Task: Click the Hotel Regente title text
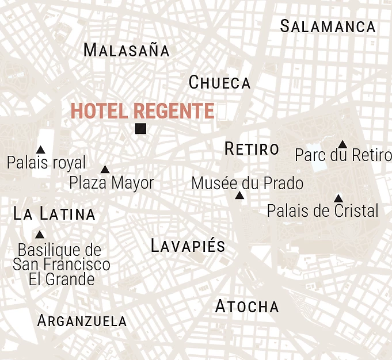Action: [x=142, y=111]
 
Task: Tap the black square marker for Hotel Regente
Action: [x=140, y=129]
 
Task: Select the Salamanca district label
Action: [x=328, y=26]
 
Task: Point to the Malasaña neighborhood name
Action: [x=127, y=50]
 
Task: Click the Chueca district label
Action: [x=220, y=83]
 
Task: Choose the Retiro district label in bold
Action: [x=252, y=149]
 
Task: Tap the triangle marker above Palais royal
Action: [x=40, y=150]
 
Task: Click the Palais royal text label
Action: [x=46, y=163]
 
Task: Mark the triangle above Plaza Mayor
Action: [x=105, y=170]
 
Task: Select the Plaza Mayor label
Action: [x=112, y=183]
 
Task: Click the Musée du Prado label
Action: [x=247, y=183]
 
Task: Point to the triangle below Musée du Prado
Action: [x=239, y=196]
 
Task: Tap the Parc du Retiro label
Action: [x=343, y=155]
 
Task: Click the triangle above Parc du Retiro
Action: [x=342, y=144]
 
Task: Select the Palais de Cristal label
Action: [x=323, y=210]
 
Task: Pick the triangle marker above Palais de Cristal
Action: [x=338, y=198]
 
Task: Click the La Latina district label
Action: [x=54, y=215]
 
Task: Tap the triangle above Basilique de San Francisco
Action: [x=40, y=235]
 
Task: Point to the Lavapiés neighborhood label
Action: [x=188, y=246]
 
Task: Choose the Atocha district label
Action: [x=247, y=307]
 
